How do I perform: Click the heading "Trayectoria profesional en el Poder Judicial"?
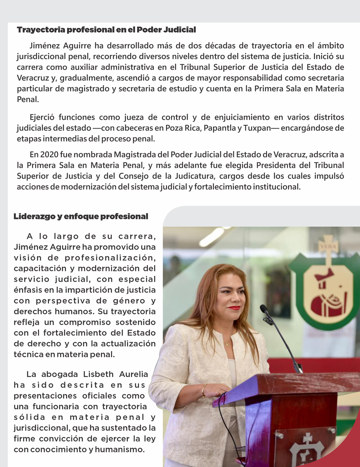[x=106, y=30]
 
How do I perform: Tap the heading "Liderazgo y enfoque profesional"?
[x=81, y=216]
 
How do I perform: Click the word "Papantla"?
[x=222, y=128]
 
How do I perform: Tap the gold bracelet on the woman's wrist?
[x=204, y=390]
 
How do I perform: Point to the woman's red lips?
[x=234, y=308]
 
